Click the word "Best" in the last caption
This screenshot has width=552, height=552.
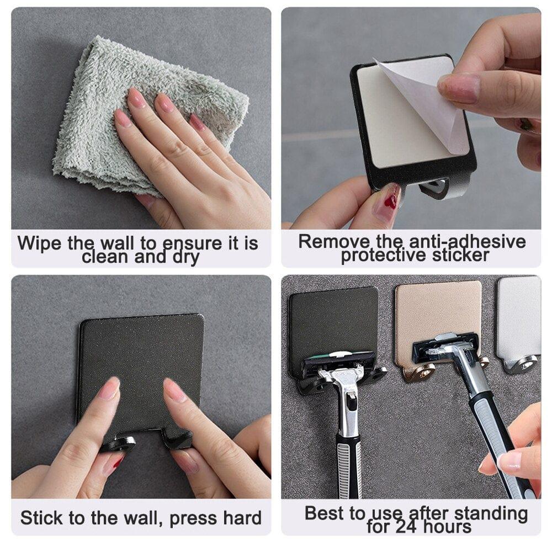click(327, 513)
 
